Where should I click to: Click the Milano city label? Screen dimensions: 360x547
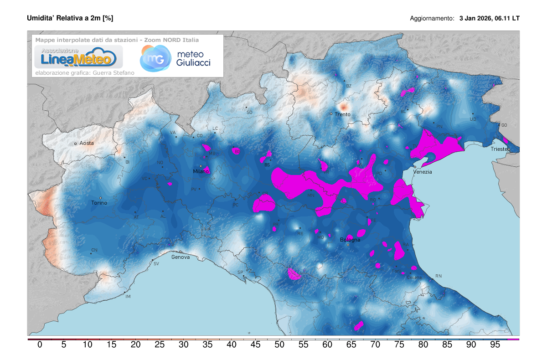pyautogui.click(x=201, y=171)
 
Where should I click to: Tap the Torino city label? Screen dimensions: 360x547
pyautogui.click(x=99, y=203)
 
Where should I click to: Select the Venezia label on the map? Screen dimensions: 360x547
pyautogui.click(x=423, y=172)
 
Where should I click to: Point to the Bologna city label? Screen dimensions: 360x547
pyautogui.click(x=350, y=240)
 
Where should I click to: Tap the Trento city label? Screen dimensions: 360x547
pyautogui.click(x=342, y=114)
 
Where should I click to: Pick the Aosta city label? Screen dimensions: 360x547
pyautogui.click(x=87, y=143)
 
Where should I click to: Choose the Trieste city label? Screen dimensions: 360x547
pyautogui.click(x=500, y=149)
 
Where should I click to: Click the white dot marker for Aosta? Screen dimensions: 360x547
pyautogui.click(x=76, y=144)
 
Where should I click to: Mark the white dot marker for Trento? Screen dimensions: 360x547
pyautogui.click(x=331, y=113)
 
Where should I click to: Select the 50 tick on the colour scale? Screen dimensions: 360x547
pyautogui.click(x=279, y=345)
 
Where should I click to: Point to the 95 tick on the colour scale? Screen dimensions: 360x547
pyautogui.click(x=495, y=345)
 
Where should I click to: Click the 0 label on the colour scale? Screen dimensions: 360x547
pyautogui.click(x=40, y=345)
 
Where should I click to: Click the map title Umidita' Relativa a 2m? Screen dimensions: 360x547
pyautogui.click(x=70, y=18)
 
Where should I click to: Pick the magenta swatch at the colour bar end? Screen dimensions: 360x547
pyautogui.click(x=513, y=339)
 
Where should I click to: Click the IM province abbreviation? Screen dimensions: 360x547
pyautogui.click(x=128, y=297)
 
